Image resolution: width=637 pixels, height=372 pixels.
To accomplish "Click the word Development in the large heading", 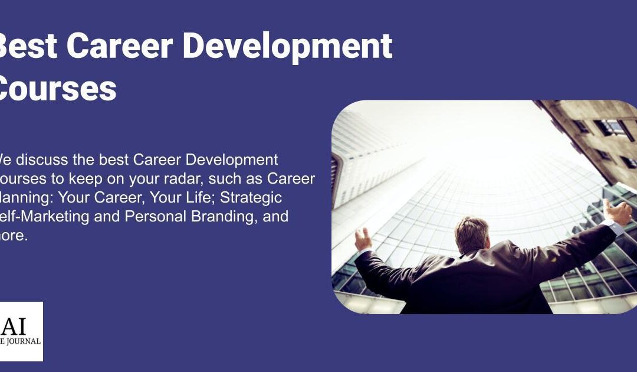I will (x=287, y=46).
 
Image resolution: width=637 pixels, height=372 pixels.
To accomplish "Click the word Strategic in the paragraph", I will (x=252, y=197).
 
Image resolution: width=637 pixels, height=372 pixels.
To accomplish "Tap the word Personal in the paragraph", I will (x=155, y=216).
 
